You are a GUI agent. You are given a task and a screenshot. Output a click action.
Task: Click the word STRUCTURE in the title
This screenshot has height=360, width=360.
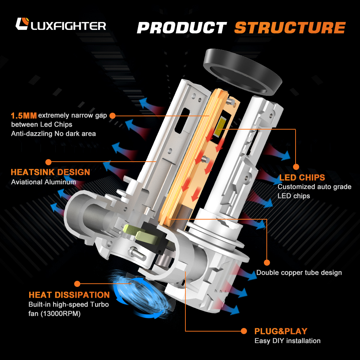pyautogui.click(x=290, y=28)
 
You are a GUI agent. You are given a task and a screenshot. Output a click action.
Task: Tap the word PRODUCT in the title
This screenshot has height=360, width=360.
pyautogui.click(x=182, y=28)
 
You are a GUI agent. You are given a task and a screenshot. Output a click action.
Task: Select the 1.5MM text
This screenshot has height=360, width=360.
pyautogui.click(x=24, y=116)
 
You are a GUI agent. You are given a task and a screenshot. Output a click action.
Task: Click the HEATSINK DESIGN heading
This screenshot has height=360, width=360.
pyautogui.click(x=50, y=172)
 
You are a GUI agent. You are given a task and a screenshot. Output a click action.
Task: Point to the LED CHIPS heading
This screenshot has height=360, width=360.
pyautogui.click(x=302, y=177)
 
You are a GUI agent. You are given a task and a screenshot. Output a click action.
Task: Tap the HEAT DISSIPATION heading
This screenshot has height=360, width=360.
pyautogui.click(x=69, y=295)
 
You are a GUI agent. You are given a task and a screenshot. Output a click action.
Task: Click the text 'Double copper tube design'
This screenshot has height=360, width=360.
pyautogui.click(x=299, y=273)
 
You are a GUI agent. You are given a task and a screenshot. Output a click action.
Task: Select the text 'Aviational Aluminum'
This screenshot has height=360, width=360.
pyautogui.click(x=44, y=182)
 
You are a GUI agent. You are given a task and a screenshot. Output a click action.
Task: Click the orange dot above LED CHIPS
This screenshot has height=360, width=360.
pyautogui.click(x=296, y=167)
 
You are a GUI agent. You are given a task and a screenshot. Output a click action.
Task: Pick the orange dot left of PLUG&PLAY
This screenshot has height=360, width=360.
pyautogui.click(x=244, y=331)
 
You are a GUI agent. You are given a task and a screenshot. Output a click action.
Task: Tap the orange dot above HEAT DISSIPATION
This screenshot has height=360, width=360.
pyautogui.click(x=77, y=284)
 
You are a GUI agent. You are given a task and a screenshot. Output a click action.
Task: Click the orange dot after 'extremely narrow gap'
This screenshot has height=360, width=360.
pyautogui.click(x=112, y=116)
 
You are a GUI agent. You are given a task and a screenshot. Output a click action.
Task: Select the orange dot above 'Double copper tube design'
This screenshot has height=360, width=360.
pyautogui.click(x=267, y=262)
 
